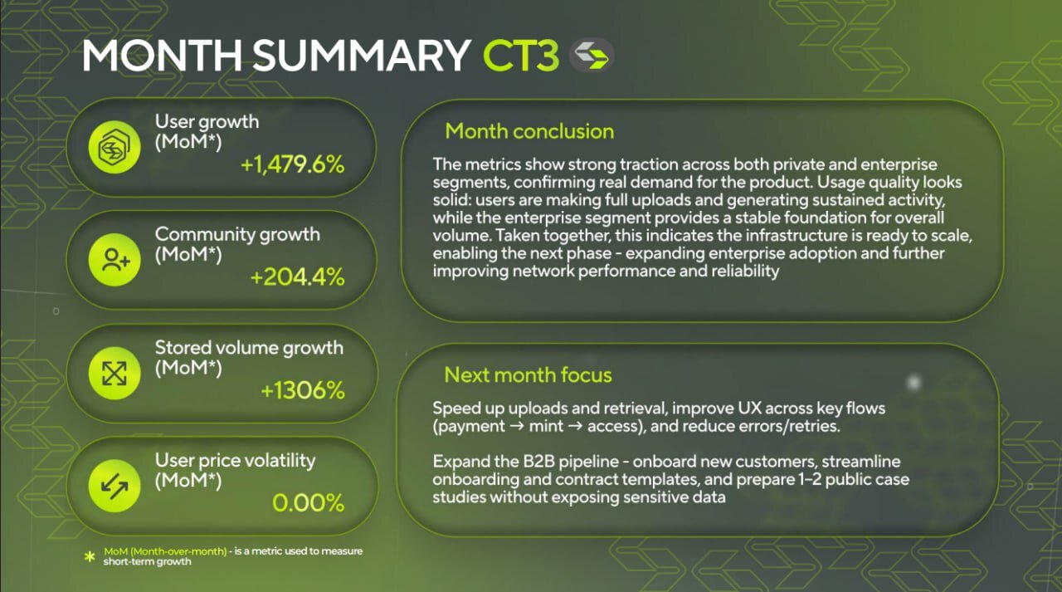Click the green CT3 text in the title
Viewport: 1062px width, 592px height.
coord(521,56)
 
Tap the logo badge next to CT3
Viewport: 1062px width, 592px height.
coord(592,56)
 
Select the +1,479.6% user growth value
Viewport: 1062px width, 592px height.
coord(293,164)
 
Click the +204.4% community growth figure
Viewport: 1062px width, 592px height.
coord(297,277)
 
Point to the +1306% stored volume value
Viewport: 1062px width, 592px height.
coord(303,390)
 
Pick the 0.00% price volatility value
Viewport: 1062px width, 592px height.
coord(308,503)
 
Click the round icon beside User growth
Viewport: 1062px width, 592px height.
coord(114,147)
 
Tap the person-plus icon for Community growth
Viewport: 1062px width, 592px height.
coord(114,260)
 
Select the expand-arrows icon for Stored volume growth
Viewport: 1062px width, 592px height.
coord(114,373)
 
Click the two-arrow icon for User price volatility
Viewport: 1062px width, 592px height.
coord(114,486)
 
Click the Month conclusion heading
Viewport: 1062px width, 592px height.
coord(529,131)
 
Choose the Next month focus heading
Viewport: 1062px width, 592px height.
coord(528,374)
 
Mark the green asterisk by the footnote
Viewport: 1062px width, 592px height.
coord(90,556)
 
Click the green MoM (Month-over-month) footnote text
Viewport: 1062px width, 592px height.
coord(165,551)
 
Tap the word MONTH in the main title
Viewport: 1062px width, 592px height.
coord(162,56)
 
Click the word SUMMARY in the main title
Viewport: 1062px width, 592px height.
coord(361,56)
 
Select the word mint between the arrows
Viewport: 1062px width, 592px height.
coord(546,426)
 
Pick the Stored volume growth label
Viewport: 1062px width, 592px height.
coord(249,348)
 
